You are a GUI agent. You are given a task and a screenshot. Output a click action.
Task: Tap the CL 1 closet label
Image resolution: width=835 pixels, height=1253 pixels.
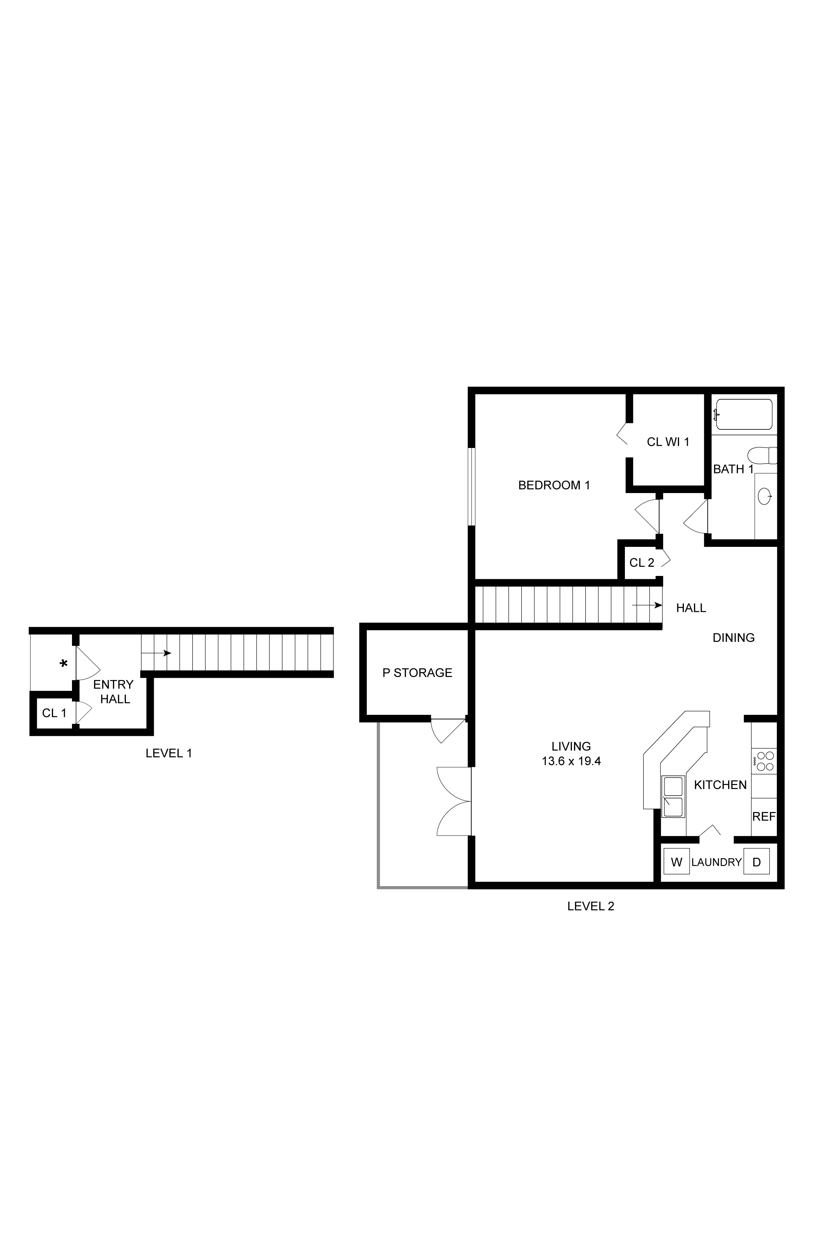[x=54, y=713]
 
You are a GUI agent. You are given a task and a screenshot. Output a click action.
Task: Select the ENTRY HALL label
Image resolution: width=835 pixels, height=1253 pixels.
[x=113, y=692]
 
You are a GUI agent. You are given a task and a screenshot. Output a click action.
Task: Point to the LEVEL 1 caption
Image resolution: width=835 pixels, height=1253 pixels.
[x=169, y=753]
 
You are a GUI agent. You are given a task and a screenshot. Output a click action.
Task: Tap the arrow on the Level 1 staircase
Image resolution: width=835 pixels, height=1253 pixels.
[x=156, y=653]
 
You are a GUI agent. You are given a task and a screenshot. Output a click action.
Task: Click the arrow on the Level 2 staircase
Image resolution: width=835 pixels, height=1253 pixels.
[x=647, y=605]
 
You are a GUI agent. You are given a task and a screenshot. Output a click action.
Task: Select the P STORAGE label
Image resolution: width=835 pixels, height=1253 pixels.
[x=417, y=673]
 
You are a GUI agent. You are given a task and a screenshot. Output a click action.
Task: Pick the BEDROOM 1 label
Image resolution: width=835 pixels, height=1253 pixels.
[x=554, y=485]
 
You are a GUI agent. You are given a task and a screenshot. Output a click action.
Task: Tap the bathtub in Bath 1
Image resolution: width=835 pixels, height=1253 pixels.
[x=744, y=414]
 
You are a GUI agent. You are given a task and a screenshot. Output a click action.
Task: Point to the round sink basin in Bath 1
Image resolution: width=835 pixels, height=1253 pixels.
[x=765, y=496]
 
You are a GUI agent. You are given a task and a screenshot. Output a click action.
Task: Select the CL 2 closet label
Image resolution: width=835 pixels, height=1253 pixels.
[x=642, y=563]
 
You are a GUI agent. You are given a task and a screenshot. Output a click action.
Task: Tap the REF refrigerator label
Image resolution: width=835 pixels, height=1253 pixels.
[x=764, y=816]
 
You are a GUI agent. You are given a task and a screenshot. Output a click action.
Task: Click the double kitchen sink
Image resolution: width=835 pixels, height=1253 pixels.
[x=673, y=797]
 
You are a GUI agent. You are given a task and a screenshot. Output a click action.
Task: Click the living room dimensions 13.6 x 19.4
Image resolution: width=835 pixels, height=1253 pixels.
[x=571, y=761]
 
